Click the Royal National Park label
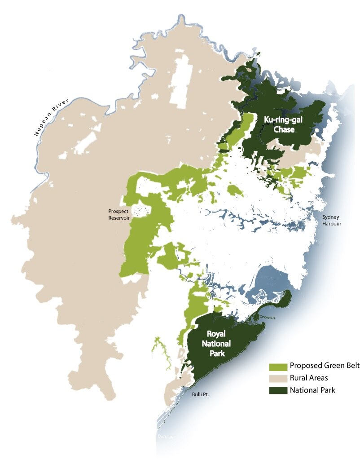pos(219,344)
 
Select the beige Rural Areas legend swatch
pos(278,378)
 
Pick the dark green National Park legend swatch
pos(278,390)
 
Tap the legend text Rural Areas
pos(309,378)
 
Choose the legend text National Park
pos(312,390)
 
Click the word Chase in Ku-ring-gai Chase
pos(285,130)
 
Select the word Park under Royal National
pos(219,354)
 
